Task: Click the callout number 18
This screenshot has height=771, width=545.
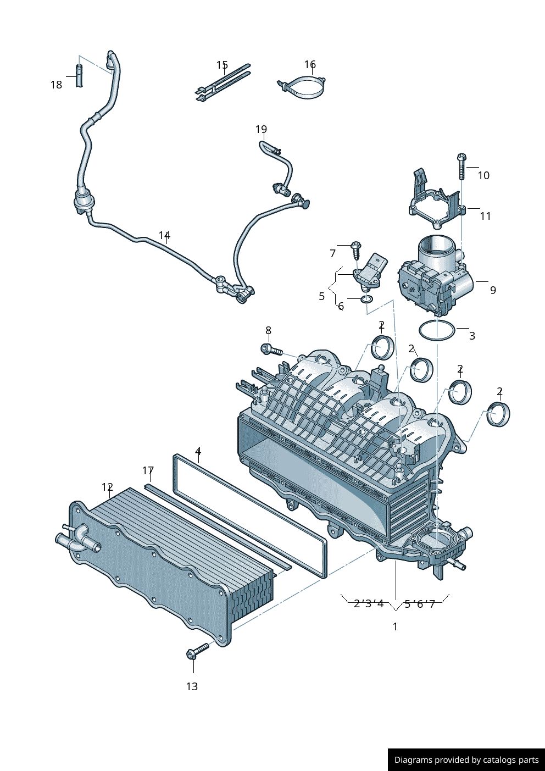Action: point(56,85)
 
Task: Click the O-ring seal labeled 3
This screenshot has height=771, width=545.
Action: point(437,331)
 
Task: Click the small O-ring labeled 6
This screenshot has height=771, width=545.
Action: point(366,299)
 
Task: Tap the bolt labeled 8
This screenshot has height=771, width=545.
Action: point(271,349)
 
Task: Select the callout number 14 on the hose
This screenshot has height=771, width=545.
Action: point(164,235)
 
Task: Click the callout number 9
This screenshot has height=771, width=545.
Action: point(493,290)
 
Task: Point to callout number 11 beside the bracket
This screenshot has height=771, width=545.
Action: point(485,216)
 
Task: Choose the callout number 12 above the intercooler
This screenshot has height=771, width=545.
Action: point(107,487)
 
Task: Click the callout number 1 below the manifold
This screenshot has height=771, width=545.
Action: point(395,626)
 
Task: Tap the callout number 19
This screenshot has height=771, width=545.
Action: point(261,129)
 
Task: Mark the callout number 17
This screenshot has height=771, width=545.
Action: point(148,470)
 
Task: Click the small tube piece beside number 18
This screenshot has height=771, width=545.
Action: point(79,75)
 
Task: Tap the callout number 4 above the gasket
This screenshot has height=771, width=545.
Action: point(198,452)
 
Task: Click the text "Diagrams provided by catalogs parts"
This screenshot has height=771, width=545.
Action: point(466,760)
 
